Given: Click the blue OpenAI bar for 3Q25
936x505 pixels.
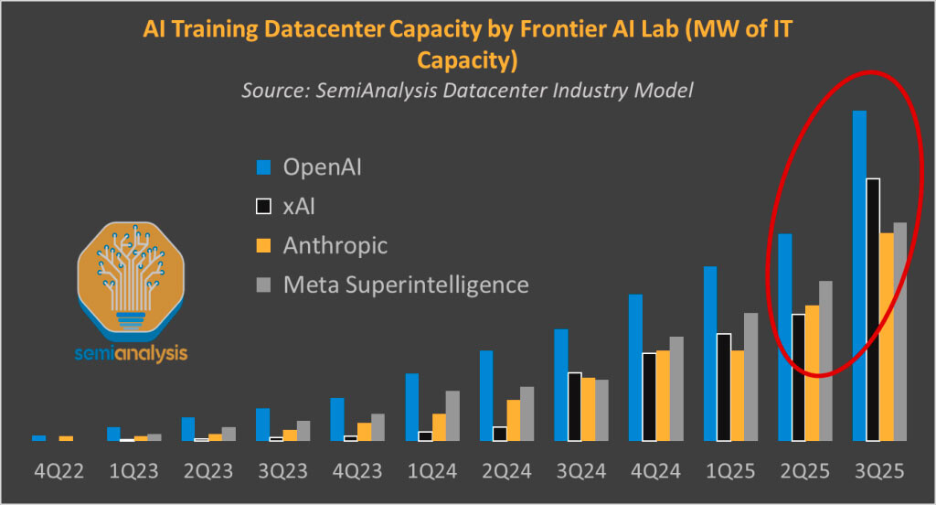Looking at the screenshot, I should [859, 274].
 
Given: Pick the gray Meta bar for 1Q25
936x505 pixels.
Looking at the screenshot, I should [750, 376].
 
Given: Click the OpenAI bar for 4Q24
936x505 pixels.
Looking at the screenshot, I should [635, 367].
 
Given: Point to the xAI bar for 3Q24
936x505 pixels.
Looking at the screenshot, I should [575, 406].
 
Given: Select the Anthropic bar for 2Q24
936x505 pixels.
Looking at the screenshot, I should [514, 420].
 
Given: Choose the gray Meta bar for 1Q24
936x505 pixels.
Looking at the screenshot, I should [452, 415].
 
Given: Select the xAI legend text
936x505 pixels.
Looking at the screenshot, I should [300, 207].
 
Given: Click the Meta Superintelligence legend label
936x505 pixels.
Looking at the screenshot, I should [406, 285].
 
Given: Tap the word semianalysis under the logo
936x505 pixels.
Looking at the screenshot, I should [131, 352].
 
